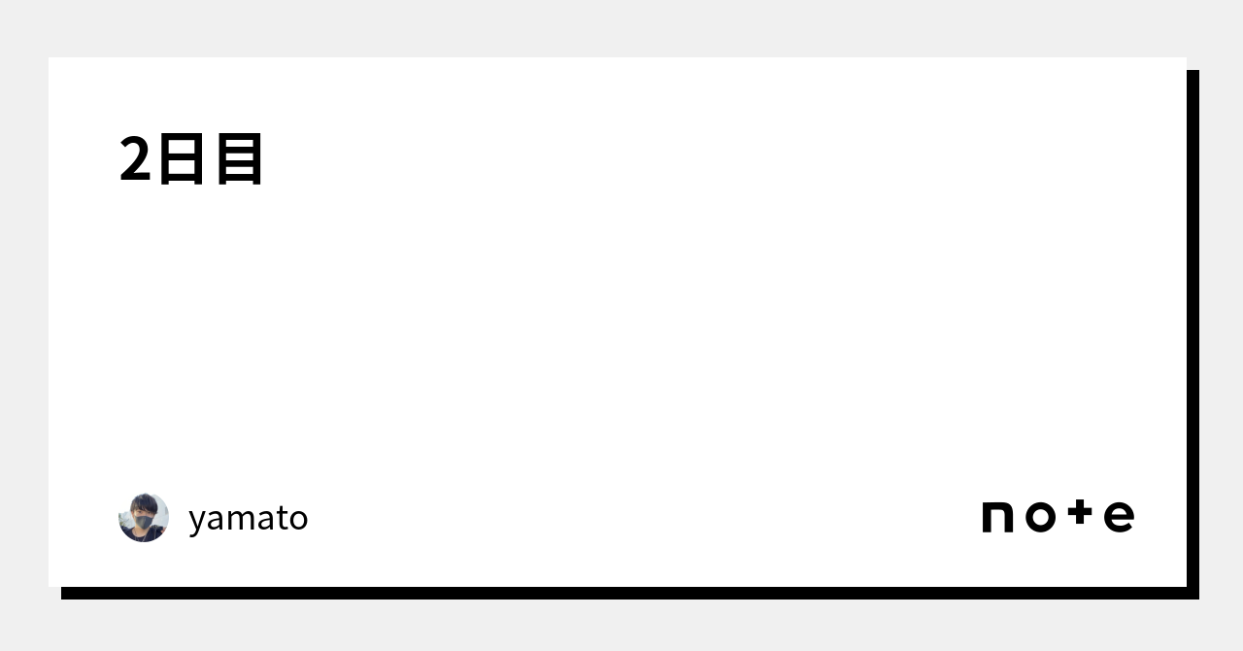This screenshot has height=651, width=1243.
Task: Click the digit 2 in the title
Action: [135, 159]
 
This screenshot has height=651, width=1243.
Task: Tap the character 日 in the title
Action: [182, 159]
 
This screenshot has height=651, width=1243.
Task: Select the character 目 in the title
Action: [239, 159]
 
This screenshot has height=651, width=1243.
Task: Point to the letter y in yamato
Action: [197, 521]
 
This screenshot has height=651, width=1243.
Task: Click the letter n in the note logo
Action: [998, 517]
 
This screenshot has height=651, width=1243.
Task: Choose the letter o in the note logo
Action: [1039, 517]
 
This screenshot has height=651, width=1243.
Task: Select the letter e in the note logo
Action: [1119, 517]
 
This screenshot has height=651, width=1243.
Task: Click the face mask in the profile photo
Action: [145, 523]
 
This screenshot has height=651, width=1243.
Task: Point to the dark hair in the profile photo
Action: [145, 501]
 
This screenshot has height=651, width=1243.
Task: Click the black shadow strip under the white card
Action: [621, 593]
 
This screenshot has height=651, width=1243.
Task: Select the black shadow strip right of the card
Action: [1193, 330]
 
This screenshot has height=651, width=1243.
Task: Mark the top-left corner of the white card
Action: [50, 58]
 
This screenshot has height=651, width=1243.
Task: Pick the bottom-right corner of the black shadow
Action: [1197, 598]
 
